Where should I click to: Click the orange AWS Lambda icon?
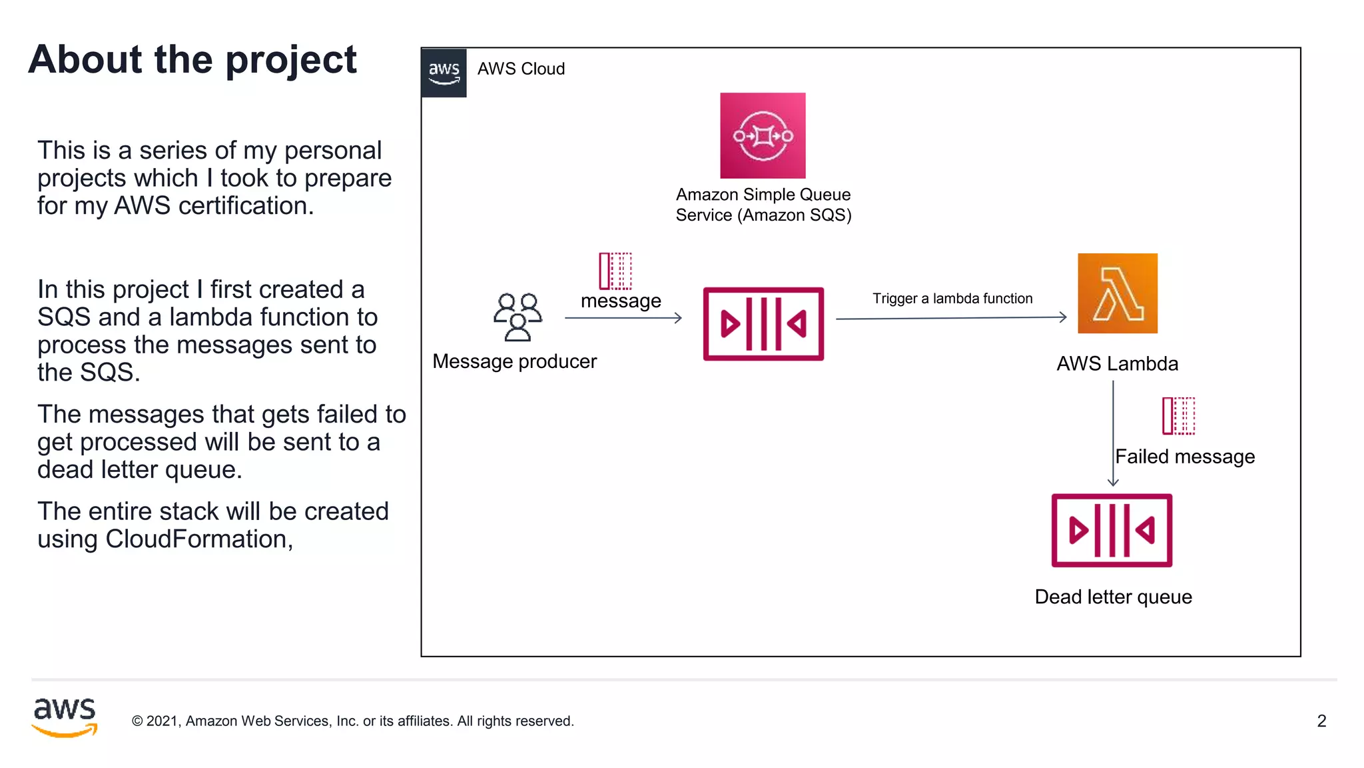(x=1117, y=293)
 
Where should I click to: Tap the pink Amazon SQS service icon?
(x=763, y=135)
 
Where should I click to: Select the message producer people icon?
(x=517, y=317)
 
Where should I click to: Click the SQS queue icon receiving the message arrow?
(x=763, y=324)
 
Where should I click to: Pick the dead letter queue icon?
(x=1112, y=531)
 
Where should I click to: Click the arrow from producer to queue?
(x=623, y=318)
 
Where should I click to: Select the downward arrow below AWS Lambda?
(x=1113, y=433)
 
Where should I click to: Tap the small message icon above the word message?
(x=615, y=271)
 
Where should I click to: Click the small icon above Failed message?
(x=1178, y=415)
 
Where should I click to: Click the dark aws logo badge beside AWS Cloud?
(x=444, y=73)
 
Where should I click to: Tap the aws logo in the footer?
(x=65, y=717)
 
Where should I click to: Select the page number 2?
(x=1321, y=721)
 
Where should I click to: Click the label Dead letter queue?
(x=1113, y=597)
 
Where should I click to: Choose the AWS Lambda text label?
(x=1117, y=363)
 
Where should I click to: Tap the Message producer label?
(x=514, y=361)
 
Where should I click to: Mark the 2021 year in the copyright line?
(x=162, y=721)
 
